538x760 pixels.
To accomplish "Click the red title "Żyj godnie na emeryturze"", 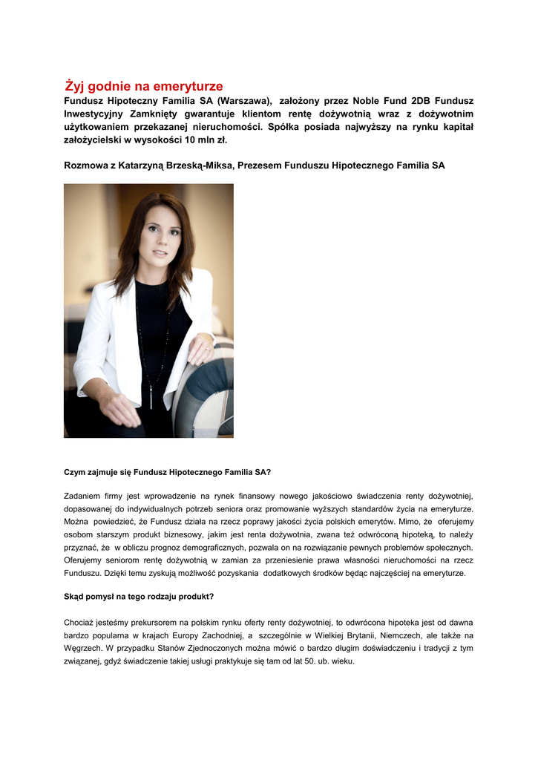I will [x=144, y=87].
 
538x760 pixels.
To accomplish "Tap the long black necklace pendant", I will [x=151, y=399].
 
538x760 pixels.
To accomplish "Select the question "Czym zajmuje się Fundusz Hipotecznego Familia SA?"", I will [x=168, y=471].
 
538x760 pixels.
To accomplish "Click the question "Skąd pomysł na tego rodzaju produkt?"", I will [x=139, y=597].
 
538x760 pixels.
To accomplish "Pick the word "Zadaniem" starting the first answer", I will [x=82, y=495].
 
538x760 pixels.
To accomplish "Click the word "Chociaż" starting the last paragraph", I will [x=80, y=622].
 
